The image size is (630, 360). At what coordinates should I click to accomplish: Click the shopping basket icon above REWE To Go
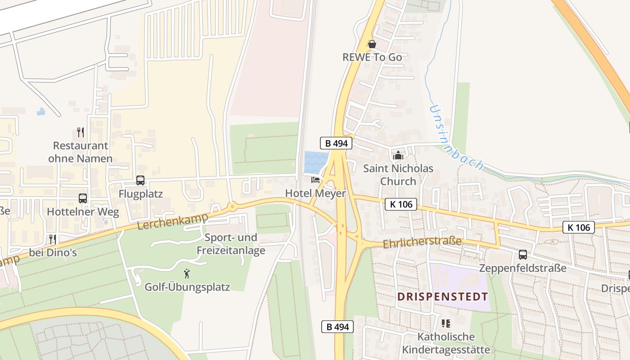point(372,44)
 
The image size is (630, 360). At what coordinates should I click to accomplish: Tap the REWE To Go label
point(372,57)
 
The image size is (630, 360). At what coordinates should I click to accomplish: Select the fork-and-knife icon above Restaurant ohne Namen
point(81,132)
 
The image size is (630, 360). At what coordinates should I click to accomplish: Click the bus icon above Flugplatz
point(140,180)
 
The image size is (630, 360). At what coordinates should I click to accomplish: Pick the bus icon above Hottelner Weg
point(83,198)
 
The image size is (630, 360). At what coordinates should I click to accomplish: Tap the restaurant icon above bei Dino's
point(53,239)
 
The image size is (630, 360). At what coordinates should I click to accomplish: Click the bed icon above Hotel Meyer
point(315,180)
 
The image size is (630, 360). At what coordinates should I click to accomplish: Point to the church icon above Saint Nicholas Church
point(398,156)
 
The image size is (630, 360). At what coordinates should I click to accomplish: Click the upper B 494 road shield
point(336,144)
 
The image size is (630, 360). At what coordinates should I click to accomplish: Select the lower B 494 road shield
point(337,327)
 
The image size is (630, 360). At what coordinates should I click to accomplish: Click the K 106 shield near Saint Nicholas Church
point(401,204)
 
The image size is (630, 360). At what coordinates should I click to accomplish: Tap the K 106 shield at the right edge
point(579,227)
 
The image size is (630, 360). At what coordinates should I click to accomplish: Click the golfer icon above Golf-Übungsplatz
point(187,273)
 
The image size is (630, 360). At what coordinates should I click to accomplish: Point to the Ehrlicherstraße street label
point(422,242)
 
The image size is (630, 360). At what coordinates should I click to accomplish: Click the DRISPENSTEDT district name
point(443,297)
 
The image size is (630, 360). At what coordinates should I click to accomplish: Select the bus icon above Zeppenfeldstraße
point(523,255)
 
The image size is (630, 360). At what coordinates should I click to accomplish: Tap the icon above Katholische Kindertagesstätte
point(446,323)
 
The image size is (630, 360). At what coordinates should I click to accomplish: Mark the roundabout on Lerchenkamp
point(232,207)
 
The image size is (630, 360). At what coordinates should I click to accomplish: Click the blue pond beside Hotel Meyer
point(316,162)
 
